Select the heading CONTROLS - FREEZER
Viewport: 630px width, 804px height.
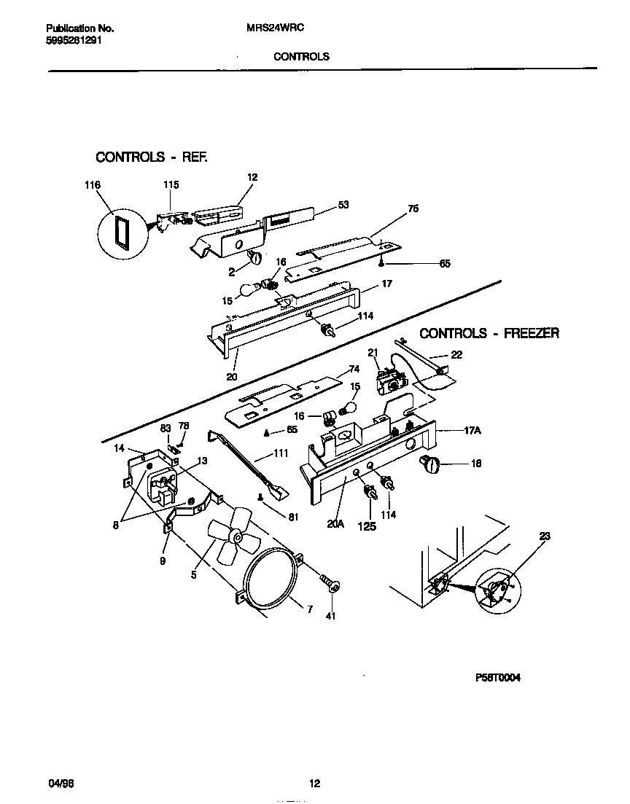click(489, 333)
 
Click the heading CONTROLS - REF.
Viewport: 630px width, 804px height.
click(152, 157)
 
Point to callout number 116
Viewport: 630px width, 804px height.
click(93, 185)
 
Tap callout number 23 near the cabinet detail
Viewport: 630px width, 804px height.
click(545, 536)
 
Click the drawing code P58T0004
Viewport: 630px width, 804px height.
click(499, 676)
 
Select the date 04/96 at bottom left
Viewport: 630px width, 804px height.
click(62, 784)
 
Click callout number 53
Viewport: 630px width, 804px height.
click(343, 205)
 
